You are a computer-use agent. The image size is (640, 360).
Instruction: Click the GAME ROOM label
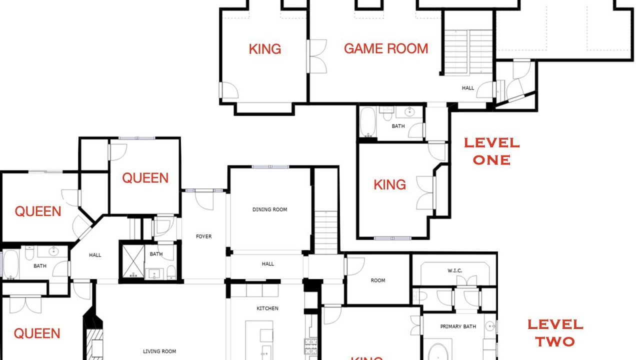pos(386,48)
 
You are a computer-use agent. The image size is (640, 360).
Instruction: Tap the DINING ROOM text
pos(269,209)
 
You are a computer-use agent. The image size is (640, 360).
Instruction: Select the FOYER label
pos(203,236)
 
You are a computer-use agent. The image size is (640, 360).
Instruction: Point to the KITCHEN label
pos(267,308)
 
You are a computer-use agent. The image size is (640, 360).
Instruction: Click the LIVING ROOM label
pos(159,351)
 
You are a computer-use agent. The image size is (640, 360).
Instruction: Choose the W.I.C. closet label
pos(455,270)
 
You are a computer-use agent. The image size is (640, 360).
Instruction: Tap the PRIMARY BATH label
pos(458,326)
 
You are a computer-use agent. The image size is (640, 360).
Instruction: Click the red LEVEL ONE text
pos(491,151)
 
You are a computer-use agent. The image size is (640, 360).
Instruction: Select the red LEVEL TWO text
pos(555,333)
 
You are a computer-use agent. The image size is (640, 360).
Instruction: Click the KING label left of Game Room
pos(265,49)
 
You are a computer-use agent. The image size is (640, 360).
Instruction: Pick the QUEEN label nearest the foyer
pos(145,178)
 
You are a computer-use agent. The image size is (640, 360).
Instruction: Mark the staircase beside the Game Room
pos(468,52)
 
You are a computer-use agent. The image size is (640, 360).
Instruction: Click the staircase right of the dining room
pos(326,232)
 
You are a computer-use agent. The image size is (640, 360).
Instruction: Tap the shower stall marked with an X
pos(133,261)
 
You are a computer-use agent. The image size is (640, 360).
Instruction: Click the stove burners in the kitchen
pos(310,346)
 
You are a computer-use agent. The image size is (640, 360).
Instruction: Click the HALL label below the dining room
pos(267,263)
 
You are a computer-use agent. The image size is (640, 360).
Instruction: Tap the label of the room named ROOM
pos(377,280)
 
